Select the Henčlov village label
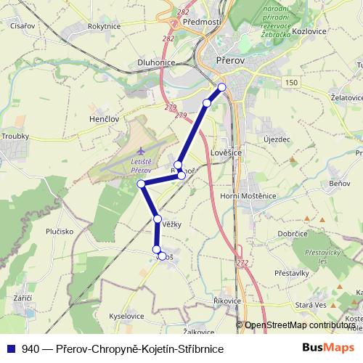105,118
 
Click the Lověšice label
227,155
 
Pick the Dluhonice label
157,62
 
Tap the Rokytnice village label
103,25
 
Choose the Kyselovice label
129,318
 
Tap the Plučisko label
60,232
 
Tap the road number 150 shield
291,83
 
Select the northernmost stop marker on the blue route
222,88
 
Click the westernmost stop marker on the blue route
142,184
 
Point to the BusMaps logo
329,348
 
